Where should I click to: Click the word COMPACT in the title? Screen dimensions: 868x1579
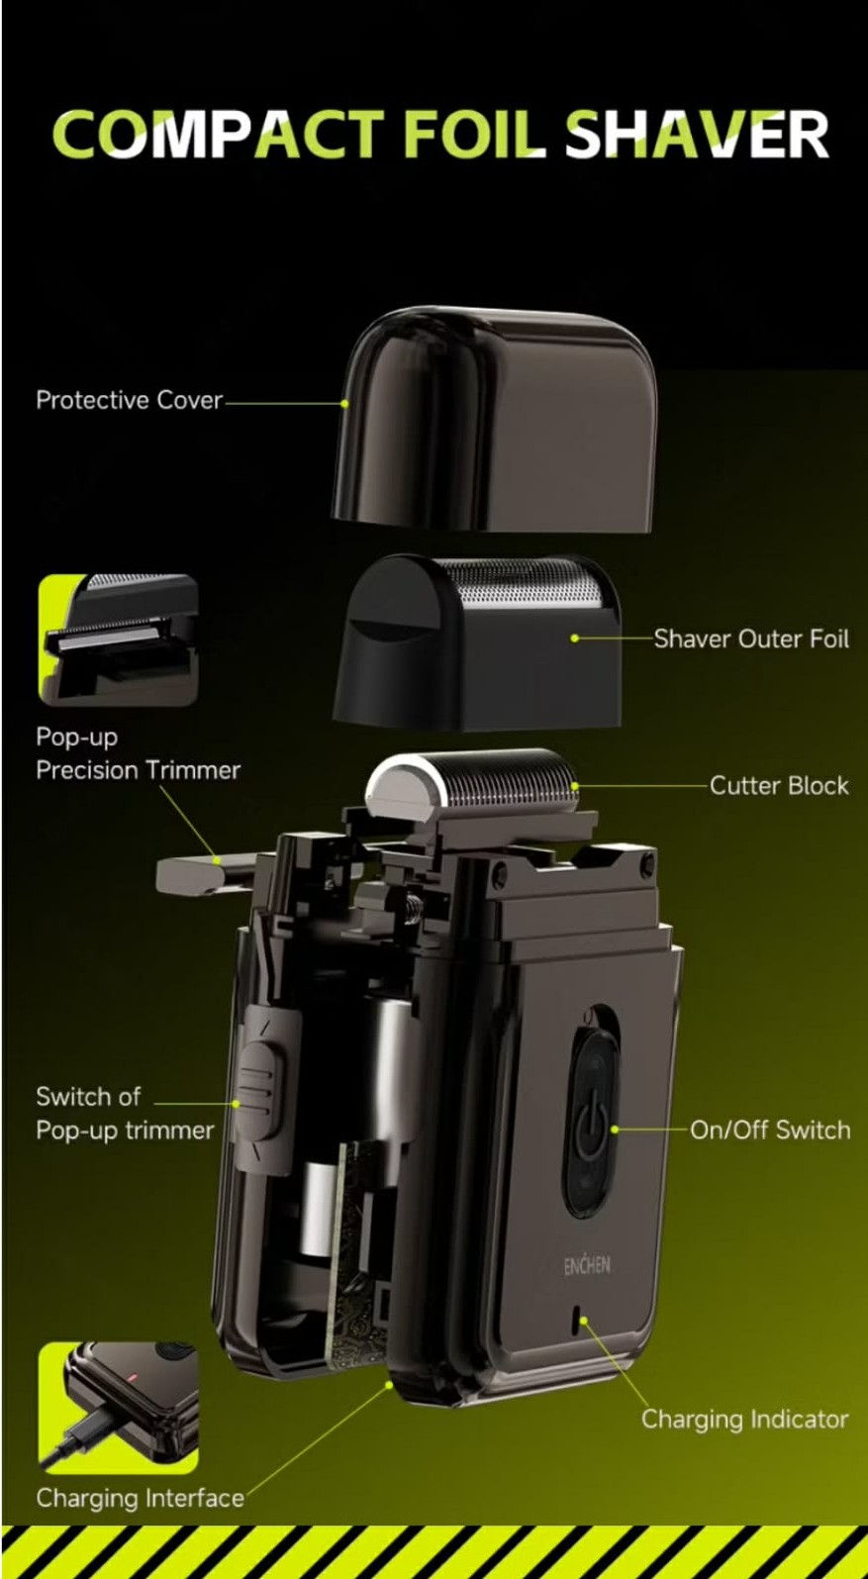(218, 134)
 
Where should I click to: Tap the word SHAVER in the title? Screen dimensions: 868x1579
(697, 134)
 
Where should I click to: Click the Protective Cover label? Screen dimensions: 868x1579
(129, 400)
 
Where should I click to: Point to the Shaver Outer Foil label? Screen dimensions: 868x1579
(751, 639)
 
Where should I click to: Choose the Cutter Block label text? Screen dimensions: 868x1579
(779, 785)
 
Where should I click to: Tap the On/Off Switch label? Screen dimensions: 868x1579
(770, 1130)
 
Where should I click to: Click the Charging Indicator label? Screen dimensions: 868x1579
(744, 1419)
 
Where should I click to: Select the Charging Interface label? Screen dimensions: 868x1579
(141, 1498)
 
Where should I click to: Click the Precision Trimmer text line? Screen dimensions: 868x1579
(139, 770)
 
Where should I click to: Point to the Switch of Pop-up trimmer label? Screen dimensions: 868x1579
(125, 1113)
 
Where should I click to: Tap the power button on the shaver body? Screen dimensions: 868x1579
(592, 1125)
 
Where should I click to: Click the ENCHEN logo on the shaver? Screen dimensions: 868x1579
(586, 1265)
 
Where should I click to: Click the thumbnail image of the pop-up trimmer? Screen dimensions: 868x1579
(119, 641)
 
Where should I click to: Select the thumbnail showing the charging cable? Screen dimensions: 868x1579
(119, 1408)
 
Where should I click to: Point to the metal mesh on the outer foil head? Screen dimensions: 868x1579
(522, 584)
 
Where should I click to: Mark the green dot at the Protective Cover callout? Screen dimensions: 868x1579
(344, 403)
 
